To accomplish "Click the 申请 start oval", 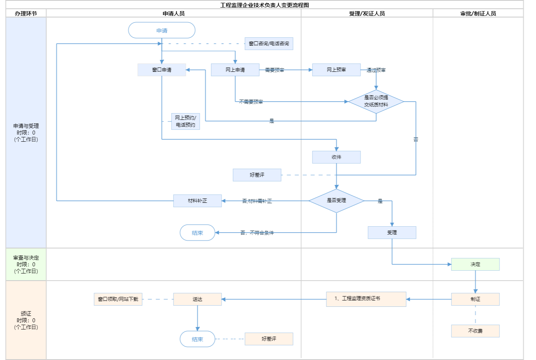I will pos(162,31).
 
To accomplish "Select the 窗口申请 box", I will pos(162,70).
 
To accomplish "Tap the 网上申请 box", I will pos(235,70).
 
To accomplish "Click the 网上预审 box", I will pos(336,70).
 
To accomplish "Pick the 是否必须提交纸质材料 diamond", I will pos(376,102).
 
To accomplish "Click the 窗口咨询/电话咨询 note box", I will pos(269,44).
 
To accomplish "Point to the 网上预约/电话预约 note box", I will pos(185,121).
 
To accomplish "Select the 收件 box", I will pos(336,157).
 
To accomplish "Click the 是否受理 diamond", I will pos(336,201).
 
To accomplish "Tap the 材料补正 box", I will pos(197,201).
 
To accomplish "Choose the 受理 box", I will pos(392,233).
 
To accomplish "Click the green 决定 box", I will pos(475,264).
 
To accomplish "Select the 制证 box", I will pos(475,299).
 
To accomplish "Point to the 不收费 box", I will pos(475,331).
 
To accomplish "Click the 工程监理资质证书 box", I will pos(366,299).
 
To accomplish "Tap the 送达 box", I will pos(197,299).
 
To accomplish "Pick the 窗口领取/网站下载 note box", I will pos(118,299).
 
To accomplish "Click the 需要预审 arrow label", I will pos(274,70).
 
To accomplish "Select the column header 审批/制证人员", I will pos(478,13).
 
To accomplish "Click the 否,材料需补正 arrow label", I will pos(257,201).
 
